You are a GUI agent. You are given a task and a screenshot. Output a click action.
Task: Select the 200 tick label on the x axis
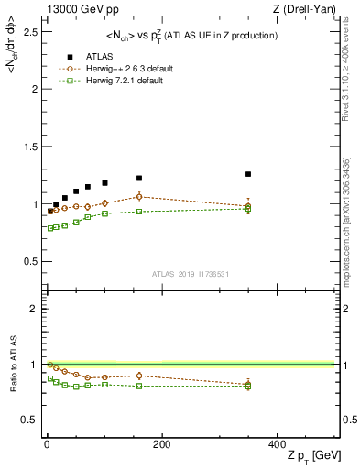click(x=162, y=443)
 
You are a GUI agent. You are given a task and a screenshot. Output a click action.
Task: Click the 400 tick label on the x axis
click(x=277, y=443)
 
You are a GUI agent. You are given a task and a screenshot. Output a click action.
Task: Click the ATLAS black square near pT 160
click(x=139, y=178)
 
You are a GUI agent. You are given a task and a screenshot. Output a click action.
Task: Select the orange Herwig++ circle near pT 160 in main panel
click(x=139, y=196)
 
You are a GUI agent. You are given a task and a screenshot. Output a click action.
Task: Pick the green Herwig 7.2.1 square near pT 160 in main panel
click(x=139, y=212)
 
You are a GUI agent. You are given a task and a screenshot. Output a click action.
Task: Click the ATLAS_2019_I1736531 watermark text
click(x=190, y=274)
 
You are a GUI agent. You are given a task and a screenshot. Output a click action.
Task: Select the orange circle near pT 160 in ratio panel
click(x=139, y=376)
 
